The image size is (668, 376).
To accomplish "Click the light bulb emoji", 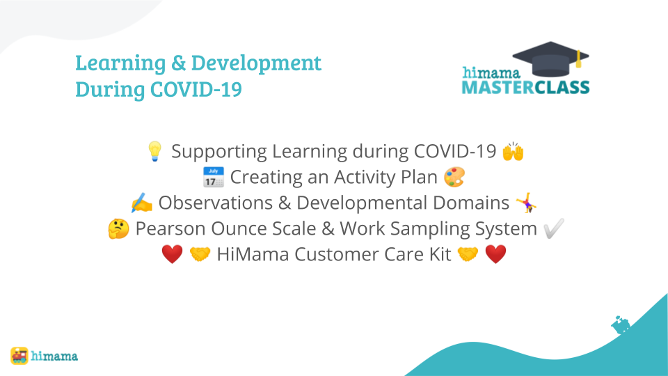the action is click(154, 151).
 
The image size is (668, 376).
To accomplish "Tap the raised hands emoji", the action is click(513, 151).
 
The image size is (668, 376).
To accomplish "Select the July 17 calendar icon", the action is click(214, 178).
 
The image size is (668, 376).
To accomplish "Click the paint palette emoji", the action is click(454, 178).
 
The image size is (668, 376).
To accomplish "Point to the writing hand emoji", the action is click(142, 203).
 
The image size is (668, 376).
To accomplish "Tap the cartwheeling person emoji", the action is click(526, 203).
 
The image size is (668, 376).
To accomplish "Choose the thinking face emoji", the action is click(118, 229).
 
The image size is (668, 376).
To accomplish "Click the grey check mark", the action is click(554, 228).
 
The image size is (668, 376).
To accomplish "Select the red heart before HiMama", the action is click(172, 255).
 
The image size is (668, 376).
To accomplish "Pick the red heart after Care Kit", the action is click(496, 255).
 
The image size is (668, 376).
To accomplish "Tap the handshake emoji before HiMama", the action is click(200, 255).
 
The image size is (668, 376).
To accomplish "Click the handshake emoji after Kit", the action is click(468, 255).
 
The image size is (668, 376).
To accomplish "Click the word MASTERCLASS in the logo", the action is click(526, 88).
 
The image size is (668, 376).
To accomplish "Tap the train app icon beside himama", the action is click(19, 356).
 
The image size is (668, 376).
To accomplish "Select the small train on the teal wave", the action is click(621, 325).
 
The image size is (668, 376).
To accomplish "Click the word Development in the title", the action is click(256, 63).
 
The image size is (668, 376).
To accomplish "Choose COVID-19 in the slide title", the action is click(196, 90).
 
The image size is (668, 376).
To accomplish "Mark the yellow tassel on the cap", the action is click(578, 58).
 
